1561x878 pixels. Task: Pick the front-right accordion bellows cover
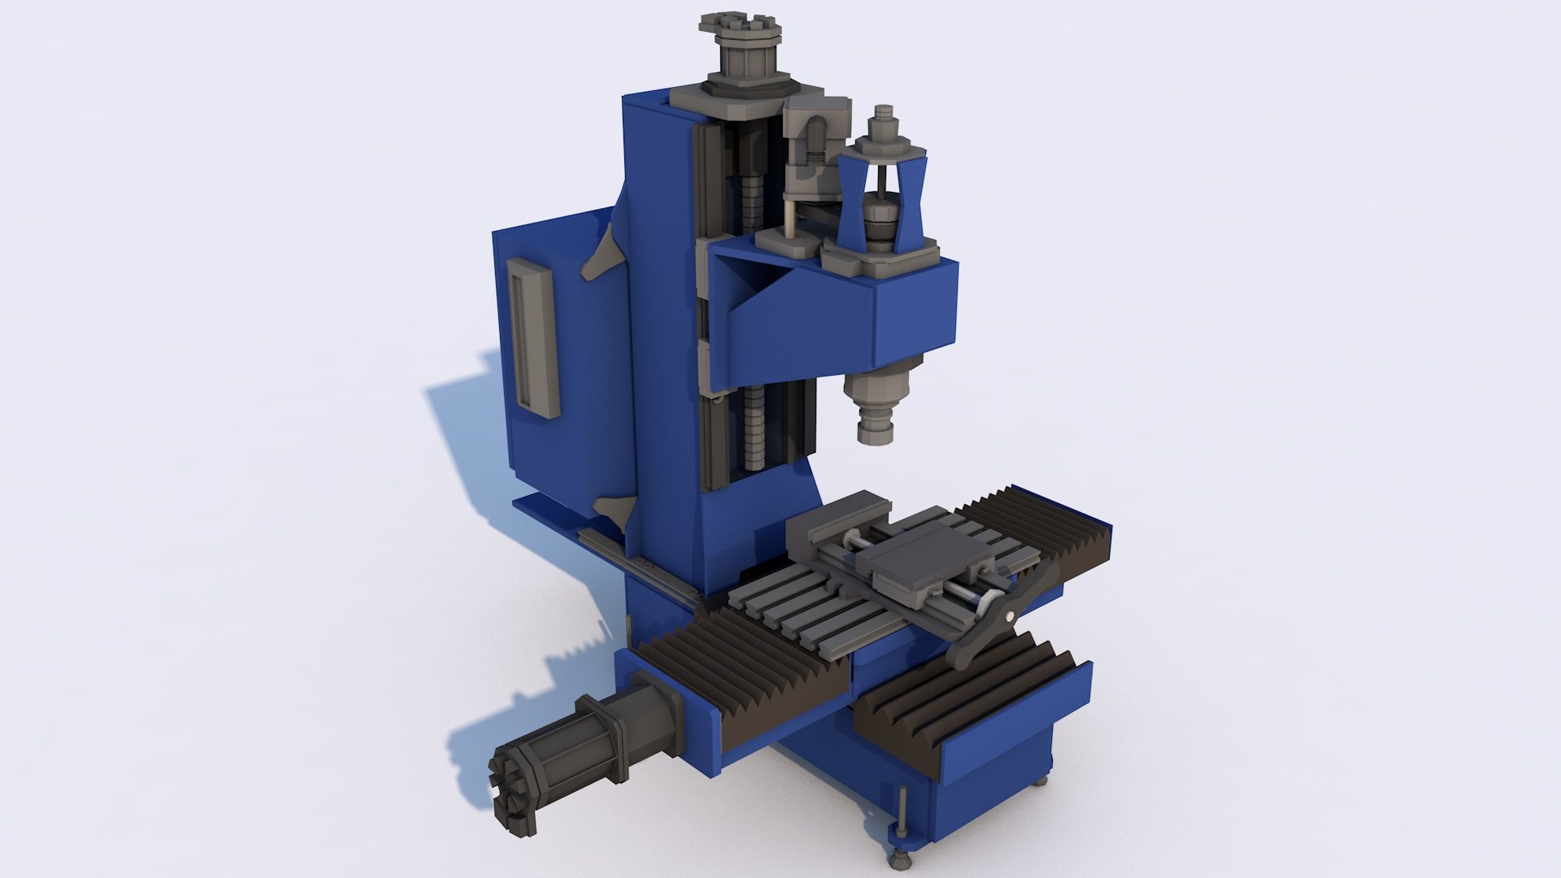[x=967, y=707]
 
